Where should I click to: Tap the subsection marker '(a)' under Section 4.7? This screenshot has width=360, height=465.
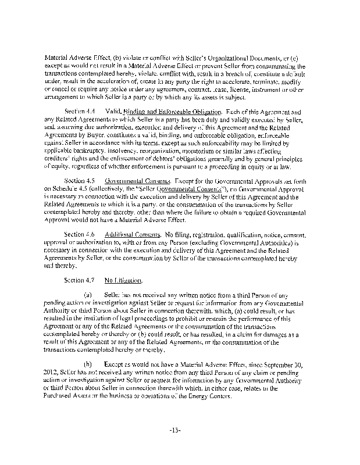(88, 294)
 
